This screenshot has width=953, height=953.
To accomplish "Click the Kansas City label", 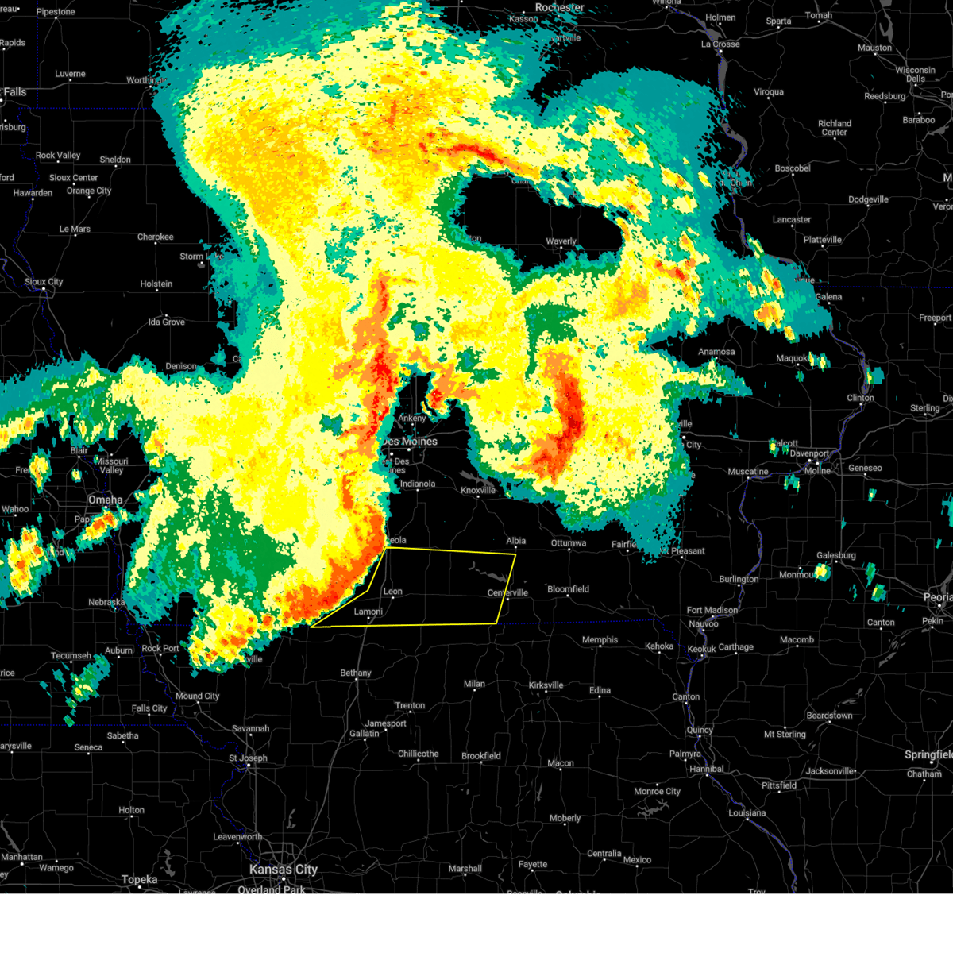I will point(284,870).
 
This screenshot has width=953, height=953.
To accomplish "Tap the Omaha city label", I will point(105,500).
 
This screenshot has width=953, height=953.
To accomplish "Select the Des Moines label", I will point(410,442).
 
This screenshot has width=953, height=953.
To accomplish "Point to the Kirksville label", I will point(546,685).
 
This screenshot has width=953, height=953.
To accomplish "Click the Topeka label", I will point(139,879).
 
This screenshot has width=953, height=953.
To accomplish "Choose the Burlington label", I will point(739,579).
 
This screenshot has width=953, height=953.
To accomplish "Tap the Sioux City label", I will point(44,282).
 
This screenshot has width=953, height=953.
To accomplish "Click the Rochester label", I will point(559,7).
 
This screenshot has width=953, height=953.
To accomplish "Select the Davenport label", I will point(809,453).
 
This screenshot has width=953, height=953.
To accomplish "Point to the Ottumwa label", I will point(568,543).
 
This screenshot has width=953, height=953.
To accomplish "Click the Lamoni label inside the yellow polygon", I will point(368,612).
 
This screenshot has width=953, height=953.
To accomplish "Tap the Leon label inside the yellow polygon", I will point(393,592).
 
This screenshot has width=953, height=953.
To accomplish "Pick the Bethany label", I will point(356,673).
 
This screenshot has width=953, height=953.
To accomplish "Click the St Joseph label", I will point(249,758).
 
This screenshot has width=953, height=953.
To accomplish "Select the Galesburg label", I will point(836,555).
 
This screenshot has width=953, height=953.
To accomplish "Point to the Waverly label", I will point(561,241).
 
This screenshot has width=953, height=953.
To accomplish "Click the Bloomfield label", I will point(568,589).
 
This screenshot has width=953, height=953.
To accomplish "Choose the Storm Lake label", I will point(201,257).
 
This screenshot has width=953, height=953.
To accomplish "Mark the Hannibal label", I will point(706,769).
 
